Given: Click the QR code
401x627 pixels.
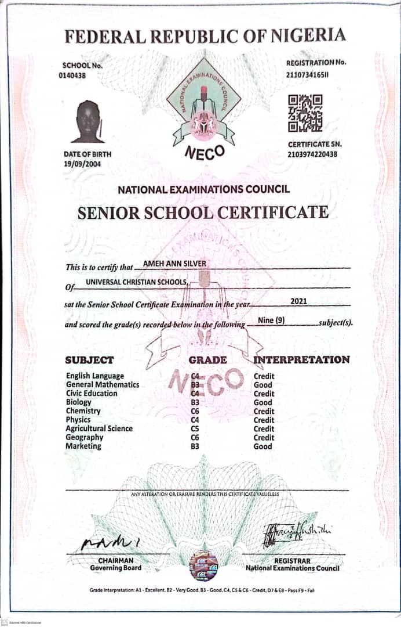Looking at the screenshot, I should point(305,113).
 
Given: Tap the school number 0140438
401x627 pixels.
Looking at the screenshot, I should point(72,75).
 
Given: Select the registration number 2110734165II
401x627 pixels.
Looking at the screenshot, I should point(307,74).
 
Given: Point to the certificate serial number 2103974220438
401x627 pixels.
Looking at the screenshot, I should point(312,154).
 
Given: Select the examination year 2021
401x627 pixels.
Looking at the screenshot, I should point(299,301).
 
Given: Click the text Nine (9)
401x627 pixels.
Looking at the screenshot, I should point(271,320).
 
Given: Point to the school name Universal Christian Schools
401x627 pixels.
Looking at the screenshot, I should point(137,282).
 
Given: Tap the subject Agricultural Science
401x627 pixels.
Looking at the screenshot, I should point(99,428).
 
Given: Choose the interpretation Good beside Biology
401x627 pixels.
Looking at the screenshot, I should point(263,402).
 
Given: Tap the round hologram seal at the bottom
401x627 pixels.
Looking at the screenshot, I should point(203,565).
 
